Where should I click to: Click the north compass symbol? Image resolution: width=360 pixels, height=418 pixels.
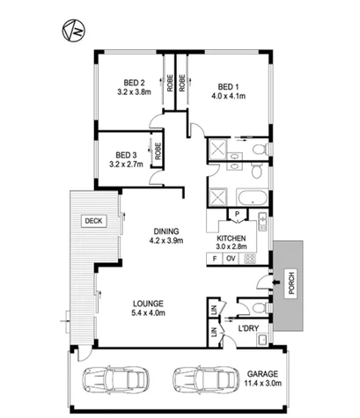pyautogui.click(x=73, y=31)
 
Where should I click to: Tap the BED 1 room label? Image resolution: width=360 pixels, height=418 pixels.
pyautogui.click(x=228, y=87)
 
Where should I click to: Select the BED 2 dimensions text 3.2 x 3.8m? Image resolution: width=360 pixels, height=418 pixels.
pyautogui.click(x=134, y=92)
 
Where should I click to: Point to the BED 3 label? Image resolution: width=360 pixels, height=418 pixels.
pyautogui.click(x=126, y=155)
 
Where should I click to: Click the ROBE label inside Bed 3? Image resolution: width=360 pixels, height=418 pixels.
pyautogui.click(x=158, y=151)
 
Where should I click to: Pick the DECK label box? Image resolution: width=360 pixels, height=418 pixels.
pyautogui.click(x=93, y=221)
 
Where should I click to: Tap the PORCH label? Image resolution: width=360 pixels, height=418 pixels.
pyautogui.click(x=291, y=283)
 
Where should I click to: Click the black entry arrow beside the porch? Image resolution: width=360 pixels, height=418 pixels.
pyautogui.click(x=276, y=282)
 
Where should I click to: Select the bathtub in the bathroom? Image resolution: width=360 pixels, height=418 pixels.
pyautogui.click(x=253, y=197)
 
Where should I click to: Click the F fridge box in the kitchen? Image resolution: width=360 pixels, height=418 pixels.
pyautogui.click(x=215, y=259)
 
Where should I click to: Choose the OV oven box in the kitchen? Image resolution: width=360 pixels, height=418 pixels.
pyautogui.click(x=231, y=259)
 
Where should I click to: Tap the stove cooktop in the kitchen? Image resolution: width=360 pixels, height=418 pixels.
pyautogui.click(x=249, y=259)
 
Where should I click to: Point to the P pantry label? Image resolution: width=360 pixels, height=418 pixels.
pyautogui.click(x=238, y=214)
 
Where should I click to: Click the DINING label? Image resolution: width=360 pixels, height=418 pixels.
pyautogui.click(x=166, y=231)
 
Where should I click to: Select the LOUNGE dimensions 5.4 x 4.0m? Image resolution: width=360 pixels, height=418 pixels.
pyautogui.click(x=148, y=313)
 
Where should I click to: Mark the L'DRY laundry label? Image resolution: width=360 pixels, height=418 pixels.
pyautogui.click(x=248, y=328)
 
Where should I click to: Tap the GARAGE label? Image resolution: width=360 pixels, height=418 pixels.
pyautogui.click(x=262, y=374)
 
